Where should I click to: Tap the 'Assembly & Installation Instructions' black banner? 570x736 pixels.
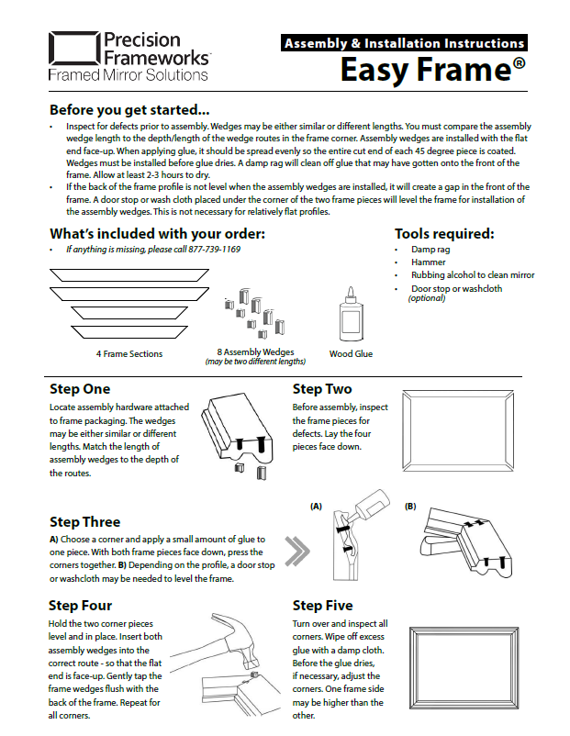(x=404, y=43)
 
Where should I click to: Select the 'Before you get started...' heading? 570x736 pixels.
(x=129, y=109)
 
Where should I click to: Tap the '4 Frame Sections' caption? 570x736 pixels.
(x=129, y=353)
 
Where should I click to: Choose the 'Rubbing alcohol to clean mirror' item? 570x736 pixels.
(x=473, y=275)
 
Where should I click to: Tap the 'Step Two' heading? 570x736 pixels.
(x=322, y=389)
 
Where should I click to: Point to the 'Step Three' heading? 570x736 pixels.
(x=85, y=522)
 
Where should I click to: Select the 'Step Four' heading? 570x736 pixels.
(x=81, y=605)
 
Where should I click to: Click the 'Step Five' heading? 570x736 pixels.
(x=321, y=606)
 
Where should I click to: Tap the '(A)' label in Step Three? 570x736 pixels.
(x=317, y=507)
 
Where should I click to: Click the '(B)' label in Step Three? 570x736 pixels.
(x=410, y=507)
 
